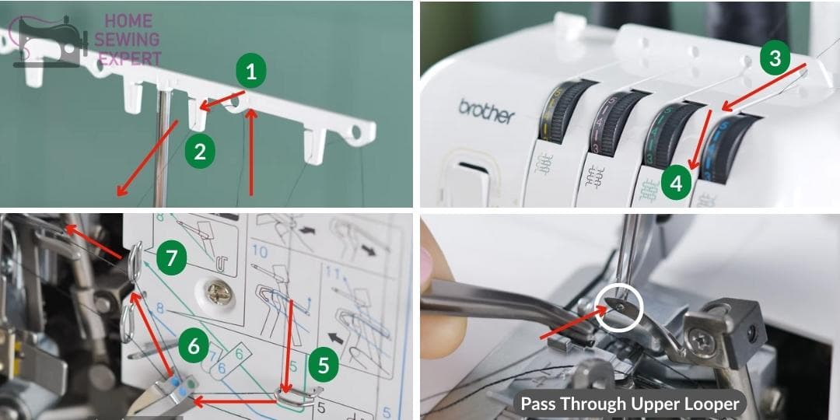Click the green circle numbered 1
coord(250,72)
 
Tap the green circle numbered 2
coord(200,152)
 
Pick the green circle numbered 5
coord(324,364)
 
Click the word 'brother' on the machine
coord(486,111)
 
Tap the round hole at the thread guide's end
coord(357,133)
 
